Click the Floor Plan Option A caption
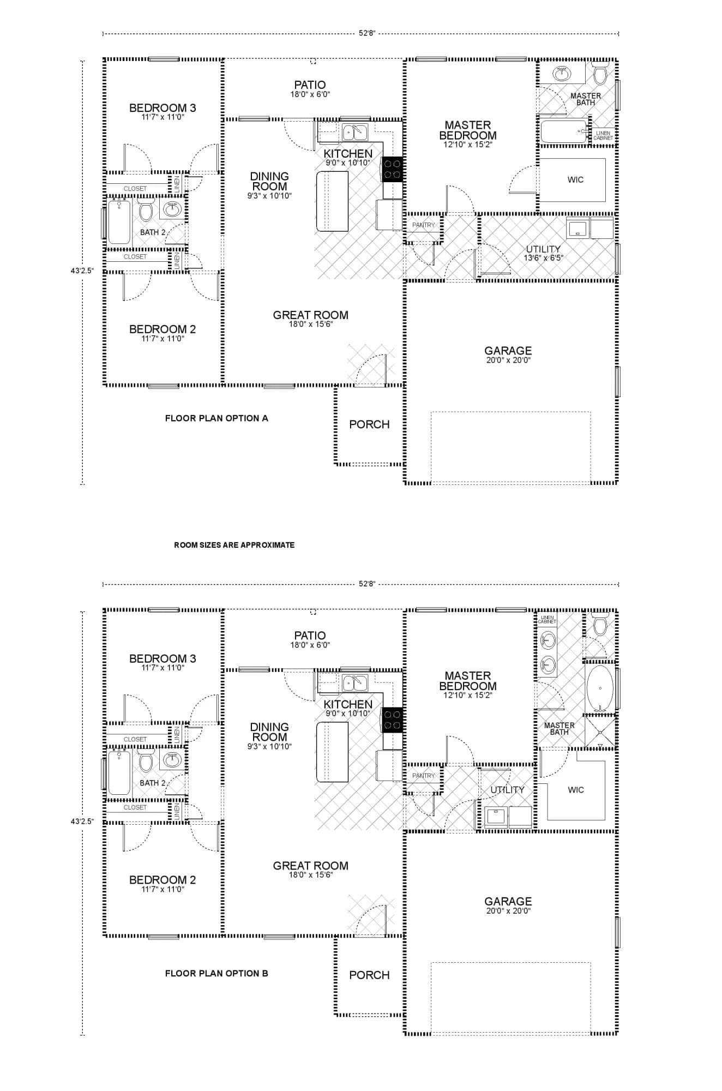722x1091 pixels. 216,418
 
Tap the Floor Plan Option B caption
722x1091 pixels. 216,973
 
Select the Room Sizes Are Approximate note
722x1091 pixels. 234,545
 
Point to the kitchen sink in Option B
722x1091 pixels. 355,682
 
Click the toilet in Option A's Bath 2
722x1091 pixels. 146,211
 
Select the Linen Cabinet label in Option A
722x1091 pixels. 603,135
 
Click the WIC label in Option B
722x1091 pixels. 575,790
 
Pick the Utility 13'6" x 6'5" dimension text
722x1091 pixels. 543,258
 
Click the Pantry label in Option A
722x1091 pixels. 423,225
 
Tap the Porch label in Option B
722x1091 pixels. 369,975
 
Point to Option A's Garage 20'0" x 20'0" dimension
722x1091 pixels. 508,360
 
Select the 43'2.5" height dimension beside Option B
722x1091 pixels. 82,820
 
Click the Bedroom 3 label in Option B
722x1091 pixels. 162,658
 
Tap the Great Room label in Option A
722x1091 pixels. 310,315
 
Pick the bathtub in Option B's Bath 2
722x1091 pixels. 119,772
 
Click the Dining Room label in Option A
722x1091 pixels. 269,181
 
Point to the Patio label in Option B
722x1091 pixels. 310,636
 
